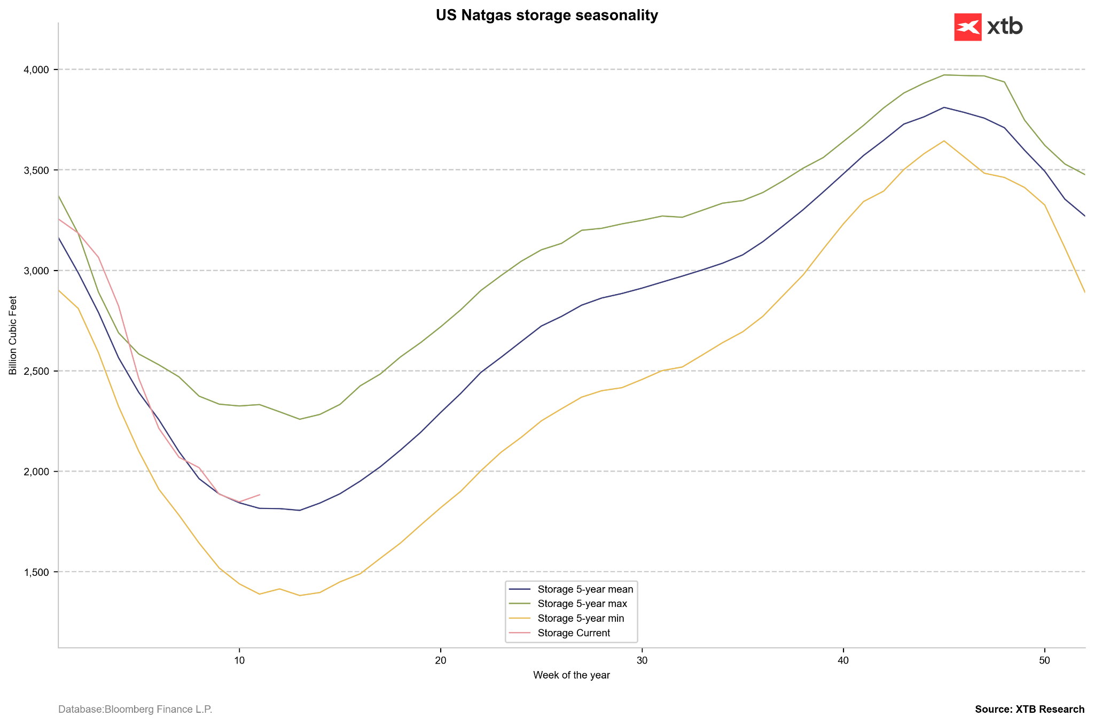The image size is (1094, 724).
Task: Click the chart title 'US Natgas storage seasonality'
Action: (x=546, y=16)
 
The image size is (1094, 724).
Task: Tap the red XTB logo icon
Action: (x=967, y=27)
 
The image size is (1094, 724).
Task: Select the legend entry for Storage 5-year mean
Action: (x=585, y=590)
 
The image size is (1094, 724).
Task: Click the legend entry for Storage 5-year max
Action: (x=582, y=604)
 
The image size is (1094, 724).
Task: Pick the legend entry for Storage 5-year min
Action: (x=581, y=619)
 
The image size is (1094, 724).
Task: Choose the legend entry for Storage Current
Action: (x=574, y=633)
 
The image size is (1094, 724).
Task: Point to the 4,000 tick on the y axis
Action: (x=37, y=70)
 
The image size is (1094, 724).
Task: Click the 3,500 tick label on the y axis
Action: (x=37, y=170)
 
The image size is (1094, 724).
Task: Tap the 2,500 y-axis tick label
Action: (x=37, y=371)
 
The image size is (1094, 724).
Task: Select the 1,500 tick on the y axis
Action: (x=37, y=572)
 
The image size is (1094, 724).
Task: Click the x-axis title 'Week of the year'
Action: (x=571, y=675)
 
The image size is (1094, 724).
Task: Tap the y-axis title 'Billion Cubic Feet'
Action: (x=13, y=335)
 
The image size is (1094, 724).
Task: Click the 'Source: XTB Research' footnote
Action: (x=1029, y=710)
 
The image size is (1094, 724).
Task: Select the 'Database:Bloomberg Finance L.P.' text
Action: (x=135, y=710)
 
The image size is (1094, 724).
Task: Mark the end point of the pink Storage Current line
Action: (x=260, y=495)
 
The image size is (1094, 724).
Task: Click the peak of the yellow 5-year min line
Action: (x=944, y=141)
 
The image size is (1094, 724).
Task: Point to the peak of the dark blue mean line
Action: (x=944, y=107)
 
